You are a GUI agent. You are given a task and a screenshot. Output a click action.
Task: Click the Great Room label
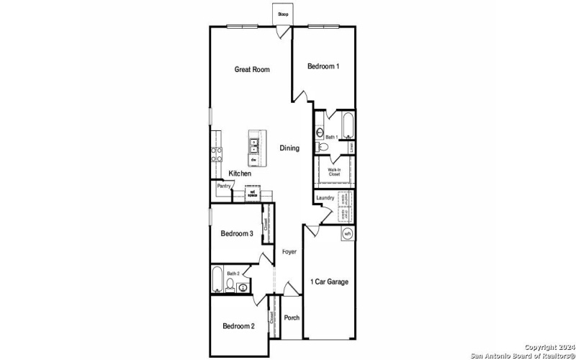(252, 70)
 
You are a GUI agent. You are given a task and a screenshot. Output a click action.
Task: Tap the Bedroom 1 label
(323, 66)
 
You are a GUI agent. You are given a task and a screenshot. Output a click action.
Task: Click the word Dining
(289, 148)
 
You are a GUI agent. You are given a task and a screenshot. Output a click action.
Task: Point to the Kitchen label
(240, 174)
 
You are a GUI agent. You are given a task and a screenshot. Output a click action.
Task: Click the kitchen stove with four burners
(215, 151)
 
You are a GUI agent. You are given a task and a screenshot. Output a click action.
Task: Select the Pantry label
(224, 186)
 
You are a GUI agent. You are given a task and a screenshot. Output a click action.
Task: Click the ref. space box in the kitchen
(253, 193)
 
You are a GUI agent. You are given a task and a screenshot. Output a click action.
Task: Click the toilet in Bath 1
(323, 147)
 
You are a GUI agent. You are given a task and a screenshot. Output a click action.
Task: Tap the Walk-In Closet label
(334, 171)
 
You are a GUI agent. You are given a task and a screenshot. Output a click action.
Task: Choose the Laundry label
(324, 199)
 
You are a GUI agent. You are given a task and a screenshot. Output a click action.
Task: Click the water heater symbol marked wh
(347, 233)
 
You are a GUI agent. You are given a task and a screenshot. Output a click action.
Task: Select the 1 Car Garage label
(329, 282)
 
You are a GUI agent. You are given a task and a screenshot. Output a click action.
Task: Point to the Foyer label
(289, 252)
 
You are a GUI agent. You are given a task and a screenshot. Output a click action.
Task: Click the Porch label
(292, 318)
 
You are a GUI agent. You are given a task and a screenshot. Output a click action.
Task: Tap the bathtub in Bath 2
(217, 279)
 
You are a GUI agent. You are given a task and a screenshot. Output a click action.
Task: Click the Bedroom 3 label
(237, 233)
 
